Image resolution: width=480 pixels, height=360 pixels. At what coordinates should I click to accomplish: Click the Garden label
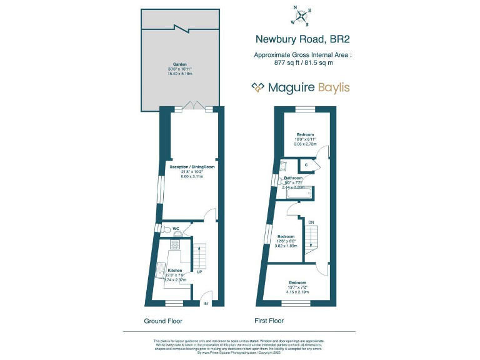pyautogui.click(x=180, y=64)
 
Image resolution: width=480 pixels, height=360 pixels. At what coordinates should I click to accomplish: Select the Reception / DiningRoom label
pyautogui.click(x=191, y=167)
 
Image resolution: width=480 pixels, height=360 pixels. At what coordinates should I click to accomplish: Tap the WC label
pyautogui.click(x=176, y=228)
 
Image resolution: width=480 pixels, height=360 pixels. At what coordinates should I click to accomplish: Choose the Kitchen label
pyautogui.click(x=174, y=271)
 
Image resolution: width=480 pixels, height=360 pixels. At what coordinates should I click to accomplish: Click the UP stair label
pyautogui.click(x=199, y=272)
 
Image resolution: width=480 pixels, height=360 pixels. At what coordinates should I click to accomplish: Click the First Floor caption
pyautogui.click(x=269, y=321)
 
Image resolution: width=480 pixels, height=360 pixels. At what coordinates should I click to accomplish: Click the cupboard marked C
pyautogui.click(x=306, y=165)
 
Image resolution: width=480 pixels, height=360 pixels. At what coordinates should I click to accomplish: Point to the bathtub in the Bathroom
pyautogui.click(x=298, y=194)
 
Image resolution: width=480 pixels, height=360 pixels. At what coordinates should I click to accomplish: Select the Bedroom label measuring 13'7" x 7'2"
pyautogui.click(x=297, y=282)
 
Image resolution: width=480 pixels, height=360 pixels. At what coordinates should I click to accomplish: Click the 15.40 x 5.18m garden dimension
pyautogui.click(x=180, y=74)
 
